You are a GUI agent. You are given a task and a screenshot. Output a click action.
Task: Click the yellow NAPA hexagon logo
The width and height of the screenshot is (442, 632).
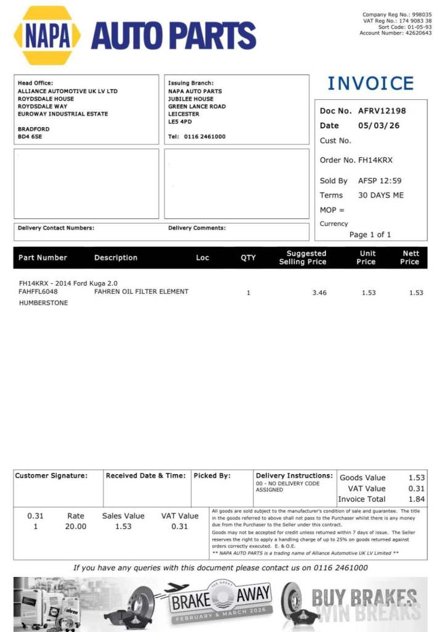click(47, 35)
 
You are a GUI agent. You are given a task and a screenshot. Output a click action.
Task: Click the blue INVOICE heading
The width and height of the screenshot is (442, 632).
click(370, 83)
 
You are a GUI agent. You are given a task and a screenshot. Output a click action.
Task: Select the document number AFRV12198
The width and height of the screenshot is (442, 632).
click(382, 111)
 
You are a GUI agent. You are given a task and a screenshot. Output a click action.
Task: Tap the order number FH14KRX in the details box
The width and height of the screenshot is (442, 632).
click(375, 160)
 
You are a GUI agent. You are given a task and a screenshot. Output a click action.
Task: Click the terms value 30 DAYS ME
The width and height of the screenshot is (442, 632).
click(381, 195)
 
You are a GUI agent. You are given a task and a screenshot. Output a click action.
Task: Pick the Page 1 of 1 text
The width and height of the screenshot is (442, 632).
click(370, 235)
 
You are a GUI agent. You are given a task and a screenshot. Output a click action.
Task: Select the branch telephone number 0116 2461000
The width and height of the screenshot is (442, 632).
click(205, 136)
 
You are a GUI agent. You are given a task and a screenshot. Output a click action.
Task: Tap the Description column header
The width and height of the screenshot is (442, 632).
click(116, 257)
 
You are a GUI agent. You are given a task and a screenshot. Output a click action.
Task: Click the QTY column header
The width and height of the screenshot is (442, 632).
click(248, 257)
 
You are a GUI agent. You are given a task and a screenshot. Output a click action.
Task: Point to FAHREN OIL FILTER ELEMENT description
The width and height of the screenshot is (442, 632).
click(141, 291)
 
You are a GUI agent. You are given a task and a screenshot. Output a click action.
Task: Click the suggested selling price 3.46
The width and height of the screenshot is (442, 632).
click(319, 293)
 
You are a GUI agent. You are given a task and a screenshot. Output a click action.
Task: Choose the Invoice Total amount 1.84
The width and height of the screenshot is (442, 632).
click(417, 499)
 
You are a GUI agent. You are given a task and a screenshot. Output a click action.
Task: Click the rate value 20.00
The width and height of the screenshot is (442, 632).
click(76, 526)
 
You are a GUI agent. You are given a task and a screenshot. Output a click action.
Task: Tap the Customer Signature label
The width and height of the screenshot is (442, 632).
click(51, 476)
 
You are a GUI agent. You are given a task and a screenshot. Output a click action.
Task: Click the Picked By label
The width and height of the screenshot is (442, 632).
click(212, 476)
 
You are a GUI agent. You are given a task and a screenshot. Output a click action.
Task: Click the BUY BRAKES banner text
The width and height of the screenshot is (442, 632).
click(364, 597)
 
